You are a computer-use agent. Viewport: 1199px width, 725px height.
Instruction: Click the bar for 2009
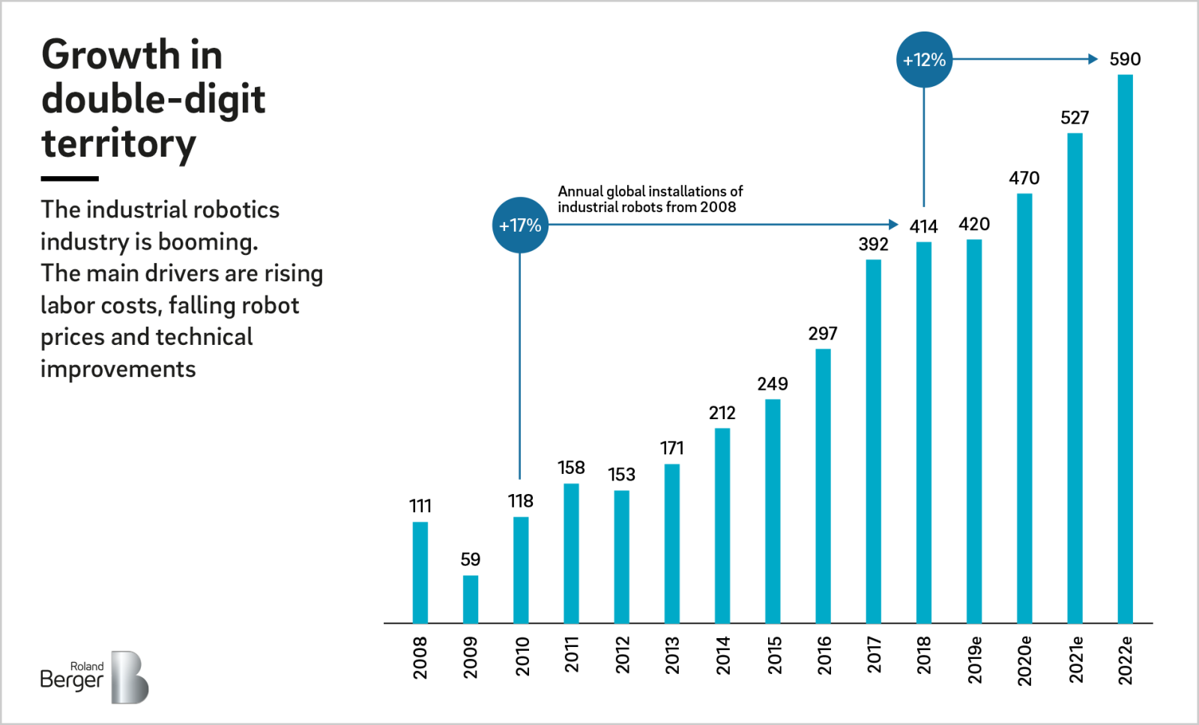470,599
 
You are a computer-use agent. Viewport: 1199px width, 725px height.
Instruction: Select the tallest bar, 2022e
1125,349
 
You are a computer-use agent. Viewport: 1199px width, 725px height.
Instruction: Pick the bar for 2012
621,556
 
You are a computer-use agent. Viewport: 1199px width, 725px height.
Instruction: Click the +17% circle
520,225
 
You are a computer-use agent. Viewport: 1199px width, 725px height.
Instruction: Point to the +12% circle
924,59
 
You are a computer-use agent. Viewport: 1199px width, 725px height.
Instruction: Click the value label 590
1125,59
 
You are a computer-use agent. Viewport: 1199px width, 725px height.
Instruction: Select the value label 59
470,559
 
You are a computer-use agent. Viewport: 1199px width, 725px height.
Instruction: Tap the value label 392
873,244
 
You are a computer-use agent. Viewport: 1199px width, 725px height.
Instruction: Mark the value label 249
772,384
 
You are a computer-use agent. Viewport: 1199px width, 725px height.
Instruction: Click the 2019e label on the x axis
974,660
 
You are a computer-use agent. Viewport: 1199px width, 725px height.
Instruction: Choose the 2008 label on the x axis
420,658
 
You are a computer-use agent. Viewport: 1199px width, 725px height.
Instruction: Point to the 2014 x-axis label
722,655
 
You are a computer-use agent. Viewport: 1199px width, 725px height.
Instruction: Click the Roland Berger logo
94,677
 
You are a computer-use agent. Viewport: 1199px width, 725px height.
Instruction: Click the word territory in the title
118,143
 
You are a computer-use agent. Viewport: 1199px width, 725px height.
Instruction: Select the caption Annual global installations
650,199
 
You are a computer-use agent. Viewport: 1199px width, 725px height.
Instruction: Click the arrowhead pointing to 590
1093,58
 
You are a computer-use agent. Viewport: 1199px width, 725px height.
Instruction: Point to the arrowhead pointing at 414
893,224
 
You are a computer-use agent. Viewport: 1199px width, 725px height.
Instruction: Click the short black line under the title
70,178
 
